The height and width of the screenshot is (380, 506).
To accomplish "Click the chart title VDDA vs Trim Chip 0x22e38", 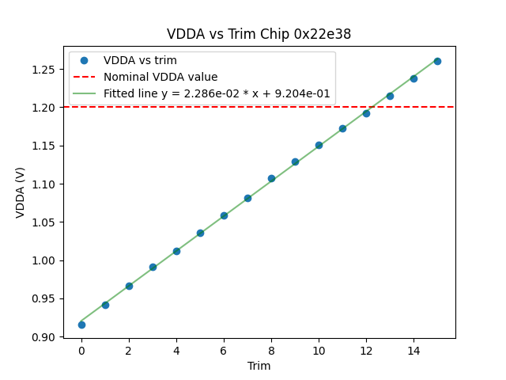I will pos(259,34).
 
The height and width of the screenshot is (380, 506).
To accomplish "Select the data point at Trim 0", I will pos(81,325).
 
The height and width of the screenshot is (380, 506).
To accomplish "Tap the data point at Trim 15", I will pos(437,61).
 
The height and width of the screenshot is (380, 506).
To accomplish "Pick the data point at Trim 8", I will pos(271,178).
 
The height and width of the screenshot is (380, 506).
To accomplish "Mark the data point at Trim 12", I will pos(366,113).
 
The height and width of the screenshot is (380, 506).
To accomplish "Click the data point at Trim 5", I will pos(200,233).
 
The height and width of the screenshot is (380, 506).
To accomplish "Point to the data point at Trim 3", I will pos(153,267).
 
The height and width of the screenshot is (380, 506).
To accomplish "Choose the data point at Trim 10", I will pos(319,145).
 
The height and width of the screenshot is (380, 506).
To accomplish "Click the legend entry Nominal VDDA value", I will pos(160,77).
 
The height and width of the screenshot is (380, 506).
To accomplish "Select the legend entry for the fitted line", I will pos(217,93).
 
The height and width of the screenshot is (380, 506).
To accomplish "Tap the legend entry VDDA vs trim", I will pos(140,60).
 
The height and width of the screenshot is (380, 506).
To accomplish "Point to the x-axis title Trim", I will pos(259,366).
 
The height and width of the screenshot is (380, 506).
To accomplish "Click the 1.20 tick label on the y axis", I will pos(44,108).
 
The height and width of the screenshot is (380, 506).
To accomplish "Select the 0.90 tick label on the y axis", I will pos(44,337).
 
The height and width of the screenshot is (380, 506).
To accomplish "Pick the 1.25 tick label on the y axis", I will pos(44,70).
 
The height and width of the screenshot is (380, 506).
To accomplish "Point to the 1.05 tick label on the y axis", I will pos(44,222).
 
